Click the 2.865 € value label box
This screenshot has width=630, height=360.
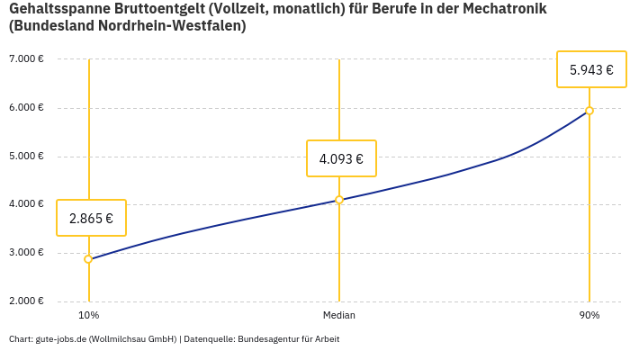pyautogui.click(x=91, y=218)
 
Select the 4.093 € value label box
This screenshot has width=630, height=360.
pyautogui.click(x=341, y=159)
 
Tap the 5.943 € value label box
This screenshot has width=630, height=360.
pyautogui.click(x=591, y=69)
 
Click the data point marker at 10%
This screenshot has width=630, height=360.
pyautogui.click(x=88, y=259)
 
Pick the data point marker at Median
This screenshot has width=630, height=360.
pyautogui.click(x=339, y=200)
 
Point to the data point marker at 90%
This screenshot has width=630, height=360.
pyautogui.click(x=589, y=111)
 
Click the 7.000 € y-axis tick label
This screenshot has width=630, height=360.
pyautogui.click(x=26, y=59)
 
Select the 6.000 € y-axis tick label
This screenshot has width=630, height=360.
pyautogui.click(x=26, y=108)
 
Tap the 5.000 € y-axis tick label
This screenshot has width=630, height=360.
pyautogui.click(x=26, y=156)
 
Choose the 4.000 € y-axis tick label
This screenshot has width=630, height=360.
pyautogui.click(x=26, y=204)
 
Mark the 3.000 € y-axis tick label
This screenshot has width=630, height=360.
pyautogui.click(x=26, y=253)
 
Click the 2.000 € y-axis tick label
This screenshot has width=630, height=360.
pyautogui.click(x=26, y=301)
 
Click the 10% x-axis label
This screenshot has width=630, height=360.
pyautogui.click(x=88, y=315)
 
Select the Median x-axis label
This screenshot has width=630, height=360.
pyautogui.click(x=339, y=315)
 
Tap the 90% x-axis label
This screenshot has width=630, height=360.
pyautogui.click(x=589, y=315)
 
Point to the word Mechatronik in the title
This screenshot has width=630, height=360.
pyautogui.click(x=507, y=9)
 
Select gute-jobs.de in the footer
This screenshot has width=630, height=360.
pyautogui.click(x=60, y=339)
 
